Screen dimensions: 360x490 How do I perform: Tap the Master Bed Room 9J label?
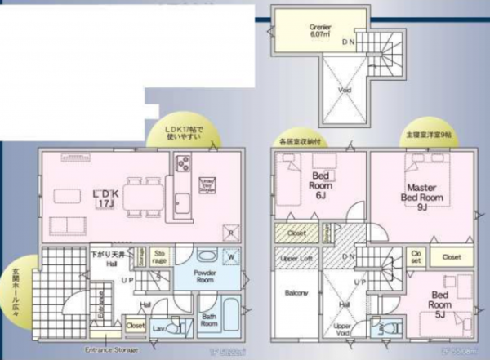[421, 197]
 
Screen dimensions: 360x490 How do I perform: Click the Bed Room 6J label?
[319, 190]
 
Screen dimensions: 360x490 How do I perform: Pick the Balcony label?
[296, 293]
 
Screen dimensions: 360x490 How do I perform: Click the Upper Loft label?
[294, 258]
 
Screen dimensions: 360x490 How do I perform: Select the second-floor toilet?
[381, 328]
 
